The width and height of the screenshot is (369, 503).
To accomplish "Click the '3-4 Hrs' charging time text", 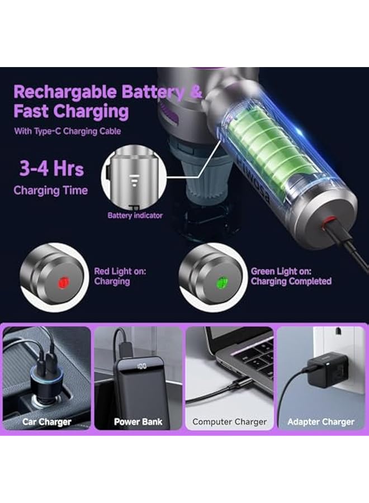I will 51,168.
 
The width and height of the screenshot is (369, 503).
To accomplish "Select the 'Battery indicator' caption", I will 135,215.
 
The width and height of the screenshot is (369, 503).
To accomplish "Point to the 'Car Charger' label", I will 47,421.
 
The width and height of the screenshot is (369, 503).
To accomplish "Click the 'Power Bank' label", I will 138,421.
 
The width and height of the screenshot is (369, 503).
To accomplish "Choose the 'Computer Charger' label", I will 229,421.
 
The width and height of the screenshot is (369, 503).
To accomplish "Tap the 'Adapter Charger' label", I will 320,421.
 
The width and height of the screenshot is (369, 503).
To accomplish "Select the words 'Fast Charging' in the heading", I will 71,111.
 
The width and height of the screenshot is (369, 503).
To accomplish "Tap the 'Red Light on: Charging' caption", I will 120,276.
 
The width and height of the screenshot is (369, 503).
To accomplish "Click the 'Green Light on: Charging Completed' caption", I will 291,276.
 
